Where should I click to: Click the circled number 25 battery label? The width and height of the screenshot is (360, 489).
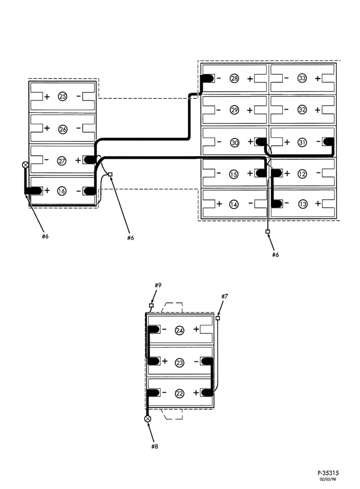coord(63,96)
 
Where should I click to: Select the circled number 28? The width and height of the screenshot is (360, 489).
coord(234,78)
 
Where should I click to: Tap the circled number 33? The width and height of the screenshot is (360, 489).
coord(302,78)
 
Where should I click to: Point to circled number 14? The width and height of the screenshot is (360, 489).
coord(234,204)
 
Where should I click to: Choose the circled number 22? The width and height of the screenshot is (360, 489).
coord(180,393)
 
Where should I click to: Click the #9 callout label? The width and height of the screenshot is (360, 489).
coord(158,285)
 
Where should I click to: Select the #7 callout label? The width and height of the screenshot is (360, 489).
coord(225,296)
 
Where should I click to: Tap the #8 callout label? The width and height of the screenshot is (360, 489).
coord(155,446)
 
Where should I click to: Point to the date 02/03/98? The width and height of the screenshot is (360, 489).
coord(328,479)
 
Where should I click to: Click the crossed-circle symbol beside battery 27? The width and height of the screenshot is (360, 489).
coord(25,164)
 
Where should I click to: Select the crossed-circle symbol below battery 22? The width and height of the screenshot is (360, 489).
coord(148,419)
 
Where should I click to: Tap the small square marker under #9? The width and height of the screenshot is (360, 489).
coord(151,305)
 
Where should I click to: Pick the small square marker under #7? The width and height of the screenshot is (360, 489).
coord(218,318)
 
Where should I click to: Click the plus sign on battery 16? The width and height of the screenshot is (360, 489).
coord(47,190)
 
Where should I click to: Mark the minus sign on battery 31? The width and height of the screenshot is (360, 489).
coord(318,142)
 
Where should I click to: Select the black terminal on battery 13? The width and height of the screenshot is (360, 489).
coord(277,204)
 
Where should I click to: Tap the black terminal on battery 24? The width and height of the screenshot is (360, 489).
coord(154,329)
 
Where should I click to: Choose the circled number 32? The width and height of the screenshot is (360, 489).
coord(302,110)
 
